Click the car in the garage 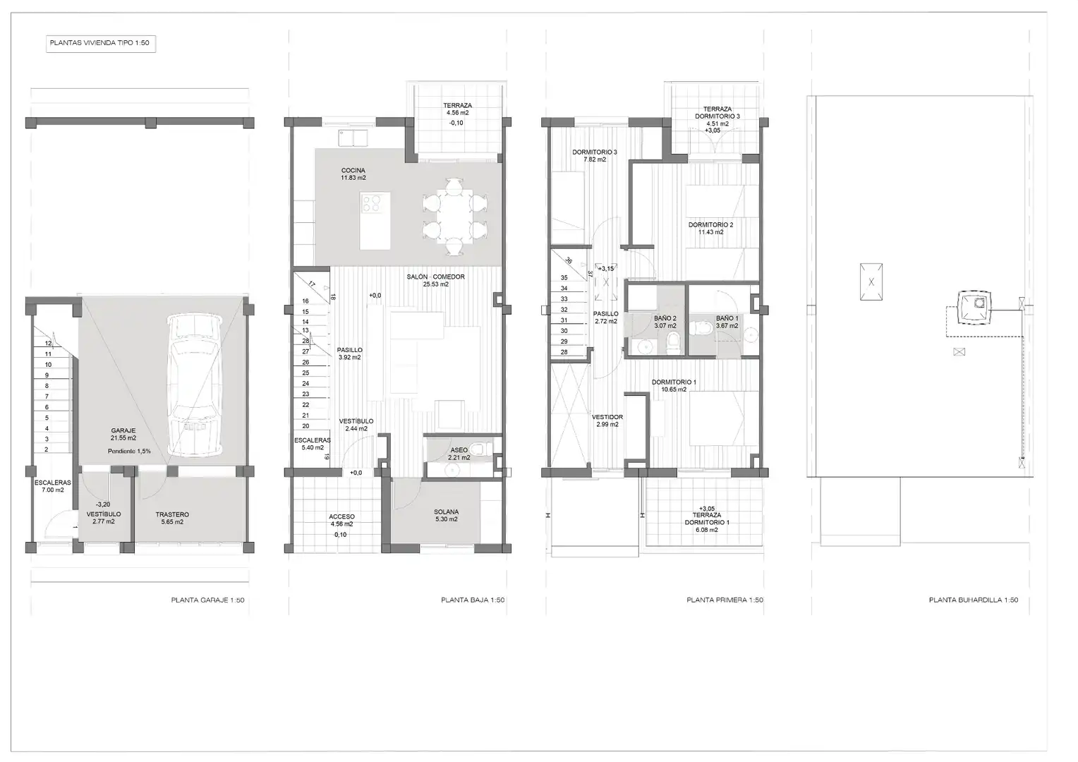coord(195,385)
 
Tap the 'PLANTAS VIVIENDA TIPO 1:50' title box coord(101,43)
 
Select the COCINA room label coord(353,171)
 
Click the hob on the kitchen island coord(371,202)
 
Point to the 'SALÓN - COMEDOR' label coord(435,277)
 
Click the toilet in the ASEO coord(480,449)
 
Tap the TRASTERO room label coord(172,514)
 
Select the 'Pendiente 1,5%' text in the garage coord(129,452)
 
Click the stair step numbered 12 coord(48,343)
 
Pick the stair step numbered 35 coord(564,278)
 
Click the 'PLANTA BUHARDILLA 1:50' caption coord(974,600)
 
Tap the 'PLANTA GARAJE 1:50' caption coord(208,600)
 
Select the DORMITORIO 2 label coord(711,225)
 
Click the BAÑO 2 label coord(665,318)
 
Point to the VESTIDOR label coord(607,418)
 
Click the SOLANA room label coord(446,512)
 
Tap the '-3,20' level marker coord(103,504)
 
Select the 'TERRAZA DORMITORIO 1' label coord(707,519)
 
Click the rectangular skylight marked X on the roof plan coord(871,282)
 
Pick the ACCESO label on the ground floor coord(341,517)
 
